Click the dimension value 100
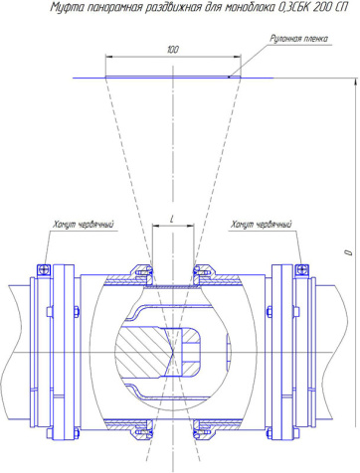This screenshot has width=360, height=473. (173, 50)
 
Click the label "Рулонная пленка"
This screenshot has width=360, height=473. (298, 39)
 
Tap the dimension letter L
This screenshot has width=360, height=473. (172, 219)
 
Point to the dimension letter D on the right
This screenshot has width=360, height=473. (348, 252)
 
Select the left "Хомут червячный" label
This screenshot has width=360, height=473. (84, 225)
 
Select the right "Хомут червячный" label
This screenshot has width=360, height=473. (262, 225)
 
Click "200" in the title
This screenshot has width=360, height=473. (321, 7)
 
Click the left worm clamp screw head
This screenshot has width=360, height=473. (44, 269)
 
